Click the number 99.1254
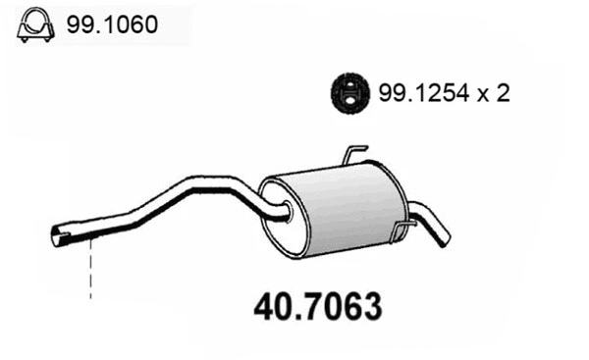pos(416,93)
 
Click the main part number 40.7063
pos(317,307)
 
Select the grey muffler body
pos(339,211)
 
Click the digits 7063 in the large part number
pos(339,307)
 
